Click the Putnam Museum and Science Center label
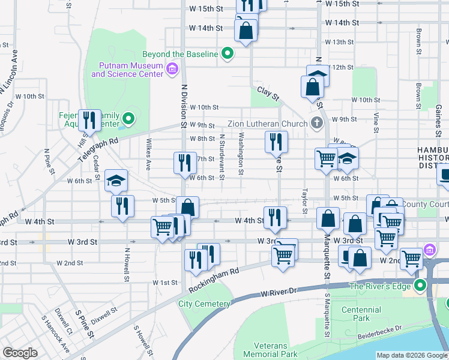click(x=127, y=70)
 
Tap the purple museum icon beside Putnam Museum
click(x=172, y=69)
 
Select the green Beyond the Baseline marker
click(x=227, y=54)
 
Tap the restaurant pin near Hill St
click(x=89, y=120)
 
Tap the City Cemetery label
click(x=204, y=304)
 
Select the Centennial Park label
click(x=361, y=314)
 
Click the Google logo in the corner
click(x=20, y=353)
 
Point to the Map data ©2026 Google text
click(x=411, y=355)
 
